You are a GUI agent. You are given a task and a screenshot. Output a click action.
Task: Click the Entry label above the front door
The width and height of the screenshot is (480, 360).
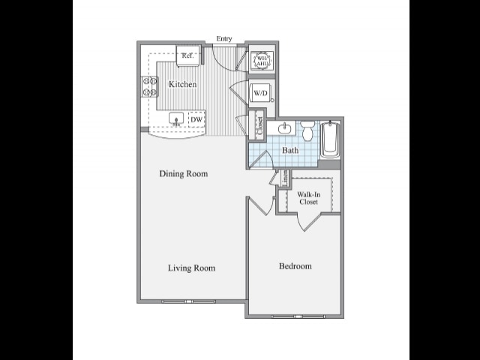point(223,39)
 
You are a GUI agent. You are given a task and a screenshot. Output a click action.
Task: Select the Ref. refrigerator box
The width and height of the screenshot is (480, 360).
point(187,55)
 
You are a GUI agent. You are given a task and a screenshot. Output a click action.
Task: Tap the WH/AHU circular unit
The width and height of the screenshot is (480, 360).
point(262,60)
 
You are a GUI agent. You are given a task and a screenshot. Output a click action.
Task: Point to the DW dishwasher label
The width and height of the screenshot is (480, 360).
point(196,119)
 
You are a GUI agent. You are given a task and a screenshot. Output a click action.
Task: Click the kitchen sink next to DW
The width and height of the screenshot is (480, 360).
point(176,118)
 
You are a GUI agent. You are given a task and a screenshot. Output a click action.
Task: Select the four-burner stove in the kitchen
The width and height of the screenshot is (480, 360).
point(148,87)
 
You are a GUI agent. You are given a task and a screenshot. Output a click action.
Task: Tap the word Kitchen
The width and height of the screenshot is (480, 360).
point(182,84)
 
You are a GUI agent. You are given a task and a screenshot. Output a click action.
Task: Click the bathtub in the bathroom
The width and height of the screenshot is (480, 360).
point(330,139)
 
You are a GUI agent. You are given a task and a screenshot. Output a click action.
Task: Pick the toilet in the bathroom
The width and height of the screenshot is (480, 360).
point(307,132)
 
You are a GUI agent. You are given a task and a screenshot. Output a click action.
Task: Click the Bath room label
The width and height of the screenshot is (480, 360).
point(289,150)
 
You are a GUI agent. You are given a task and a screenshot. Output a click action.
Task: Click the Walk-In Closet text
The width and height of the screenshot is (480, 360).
point(308,197)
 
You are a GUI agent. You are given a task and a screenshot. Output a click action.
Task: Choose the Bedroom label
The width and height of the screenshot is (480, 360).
point(295,266)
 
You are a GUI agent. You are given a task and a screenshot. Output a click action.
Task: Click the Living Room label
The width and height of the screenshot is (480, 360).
point(191,268)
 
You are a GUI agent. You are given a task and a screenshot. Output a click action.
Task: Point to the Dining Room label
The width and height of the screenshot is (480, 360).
point(183,174)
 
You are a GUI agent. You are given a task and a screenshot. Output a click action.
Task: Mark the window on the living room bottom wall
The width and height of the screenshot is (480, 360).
point(188,301)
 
